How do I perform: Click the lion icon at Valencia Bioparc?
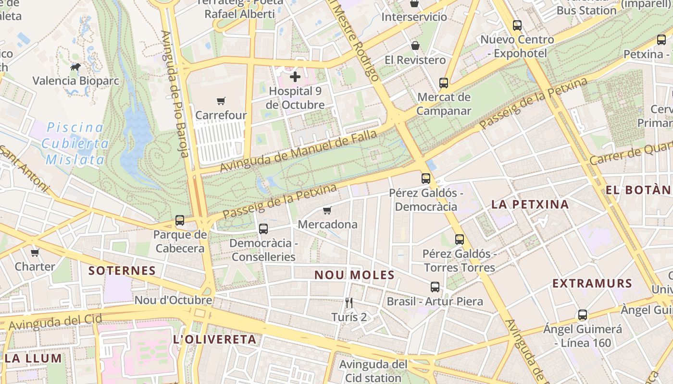(75, 67)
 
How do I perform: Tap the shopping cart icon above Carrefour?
(221, 101)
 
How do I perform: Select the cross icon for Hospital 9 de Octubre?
(295, 76)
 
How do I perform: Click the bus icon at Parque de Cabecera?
(180, 220)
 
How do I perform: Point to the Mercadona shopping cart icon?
(327, 210)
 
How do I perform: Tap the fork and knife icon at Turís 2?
(349, 303)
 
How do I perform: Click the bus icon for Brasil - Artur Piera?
(435, 287)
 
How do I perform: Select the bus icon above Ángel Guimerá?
(583, 315)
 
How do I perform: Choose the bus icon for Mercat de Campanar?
(444, 83)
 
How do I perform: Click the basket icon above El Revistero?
(415, 46)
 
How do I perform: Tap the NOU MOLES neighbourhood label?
(354, 276)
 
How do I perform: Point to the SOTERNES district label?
(122, 271)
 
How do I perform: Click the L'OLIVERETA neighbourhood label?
(214, 340)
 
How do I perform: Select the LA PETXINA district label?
(530, 204)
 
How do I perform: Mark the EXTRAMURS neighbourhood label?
(592, 283)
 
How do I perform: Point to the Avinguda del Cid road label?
(55, 322)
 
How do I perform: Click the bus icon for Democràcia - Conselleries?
(263, 229)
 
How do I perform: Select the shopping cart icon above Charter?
(35, 252)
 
